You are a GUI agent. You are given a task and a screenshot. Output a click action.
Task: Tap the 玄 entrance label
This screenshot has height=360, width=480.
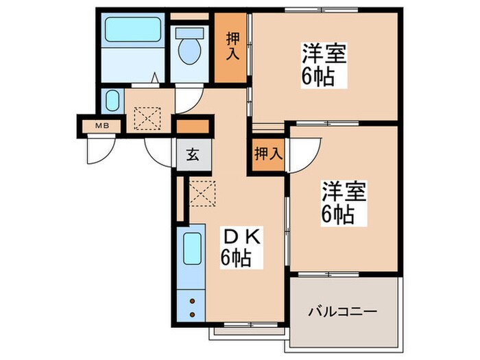click(192, 155)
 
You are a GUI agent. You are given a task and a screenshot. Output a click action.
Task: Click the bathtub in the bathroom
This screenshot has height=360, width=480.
click(133, 30)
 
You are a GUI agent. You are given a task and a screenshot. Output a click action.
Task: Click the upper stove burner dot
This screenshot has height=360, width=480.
click(193, 300)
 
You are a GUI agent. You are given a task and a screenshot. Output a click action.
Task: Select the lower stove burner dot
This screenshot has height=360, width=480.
click(193, 314)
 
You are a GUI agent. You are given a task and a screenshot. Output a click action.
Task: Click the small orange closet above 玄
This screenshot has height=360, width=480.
click(192, 127)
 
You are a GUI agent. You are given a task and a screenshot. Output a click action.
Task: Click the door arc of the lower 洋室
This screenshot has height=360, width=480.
click(304, 154)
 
